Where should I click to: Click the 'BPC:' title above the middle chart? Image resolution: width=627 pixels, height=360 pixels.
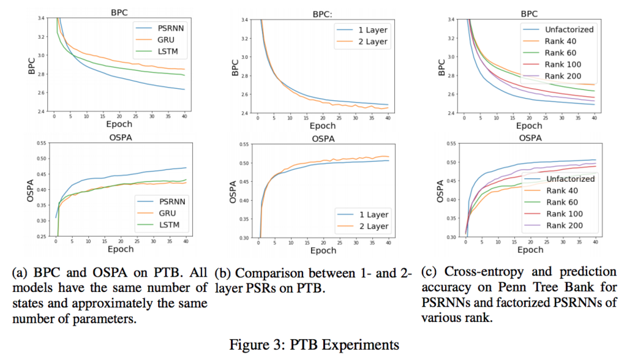point(322,15)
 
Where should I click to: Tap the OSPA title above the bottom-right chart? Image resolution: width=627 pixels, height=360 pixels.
point(530,138)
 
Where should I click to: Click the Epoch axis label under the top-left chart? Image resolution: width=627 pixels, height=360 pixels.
point(119,124)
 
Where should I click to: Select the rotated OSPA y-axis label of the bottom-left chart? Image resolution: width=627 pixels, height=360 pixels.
point(31,189)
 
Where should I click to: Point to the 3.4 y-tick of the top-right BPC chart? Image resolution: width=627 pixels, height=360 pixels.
point(451,19)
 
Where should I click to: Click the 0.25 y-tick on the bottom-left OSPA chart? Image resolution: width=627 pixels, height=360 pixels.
point(41,236)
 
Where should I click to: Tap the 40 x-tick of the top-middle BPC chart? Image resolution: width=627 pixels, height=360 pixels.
point(388,118)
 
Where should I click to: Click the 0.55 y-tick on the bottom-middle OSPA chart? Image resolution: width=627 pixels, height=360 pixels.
point(244,144)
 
